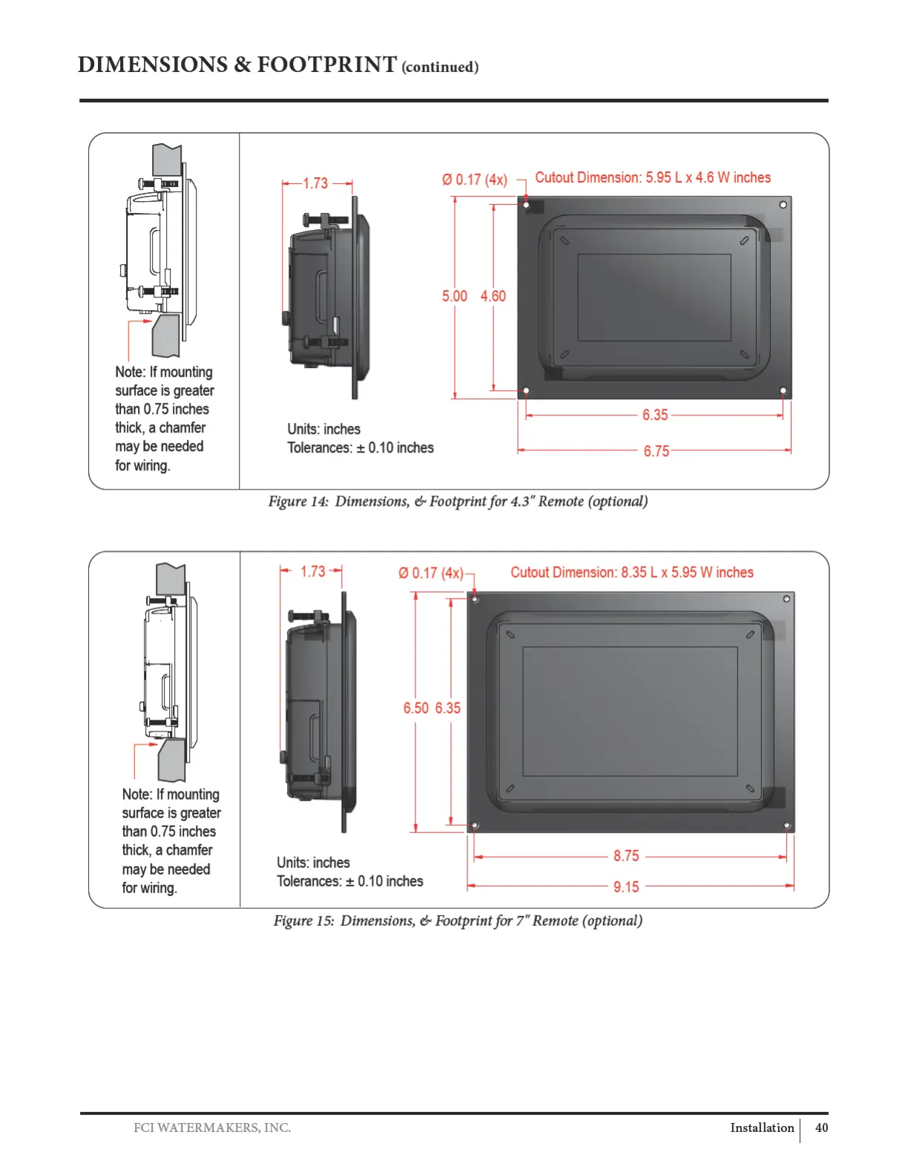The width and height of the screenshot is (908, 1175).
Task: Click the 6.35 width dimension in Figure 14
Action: tap(655, 415)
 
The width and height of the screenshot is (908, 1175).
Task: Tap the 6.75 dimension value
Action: tap(656, 451)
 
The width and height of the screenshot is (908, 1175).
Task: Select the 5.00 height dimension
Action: tap(454, 296)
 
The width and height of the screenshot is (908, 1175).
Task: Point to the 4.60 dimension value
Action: tap(493, 296)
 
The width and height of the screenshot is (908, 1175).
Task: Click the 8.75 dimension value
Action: tap(626, 856)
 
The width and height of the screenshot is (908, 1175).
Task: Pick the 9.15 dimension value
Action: tap(626, 887)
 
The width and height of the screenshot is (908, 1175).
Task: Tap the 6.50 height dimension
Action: tap(415, 708)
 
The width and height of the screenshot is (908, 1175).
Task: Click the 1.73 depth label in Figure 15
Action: tap(312, 571)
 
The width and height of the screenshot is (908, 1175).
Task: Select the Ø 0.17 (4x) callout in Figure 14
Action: tap(474, 180)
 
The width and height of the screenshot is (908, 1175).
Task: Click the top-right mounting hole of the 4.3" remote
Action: tap(783, 205)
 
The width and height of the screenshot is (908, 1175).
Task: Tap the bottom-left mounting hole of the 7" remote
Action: tap(476, 825)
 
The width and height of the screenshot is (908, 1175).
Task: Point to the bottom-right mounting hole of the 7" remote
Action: tap(786, 825)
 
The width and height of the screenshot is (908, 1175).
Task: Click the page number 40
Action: tap(821, 1128)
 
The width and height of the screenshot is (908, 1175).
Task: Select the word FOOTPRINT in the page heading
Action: tap(326, 65)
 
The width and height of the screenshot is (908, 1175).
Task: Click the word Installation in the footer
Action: tap(762, 1128)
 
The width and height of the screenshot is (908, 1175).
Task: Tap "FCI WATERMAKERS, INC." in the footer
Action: tap(212, 1128)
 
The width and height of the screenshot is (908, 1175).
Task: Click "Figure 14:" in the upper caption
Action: tap(298, 501)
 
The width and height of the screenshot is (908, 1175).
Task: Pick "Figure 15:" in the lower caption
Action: tap(303, 921)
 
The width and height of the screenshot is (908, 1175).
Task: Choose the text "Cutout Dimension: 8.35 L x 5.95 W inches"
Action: tap(631, 573)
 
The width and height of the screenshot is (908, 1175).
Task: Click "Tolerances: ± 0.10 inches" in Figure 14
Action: tap(361, 448)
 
